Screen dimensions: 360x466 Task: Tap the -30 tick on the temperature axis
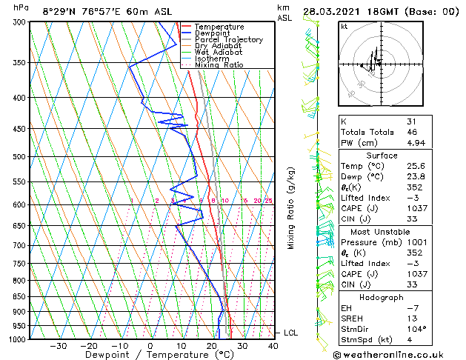(x=58, y=345)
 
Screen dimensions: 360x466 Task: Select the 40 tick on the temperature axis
(x=273, y=345)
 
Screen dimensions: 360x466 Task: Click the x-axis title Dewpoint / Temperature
(x=149, y=355)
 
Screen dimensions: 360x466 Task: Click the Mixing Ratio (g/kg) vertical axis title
(x=291, y=208)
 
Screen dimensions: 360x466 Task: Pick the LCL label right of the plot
(x=290, y=333)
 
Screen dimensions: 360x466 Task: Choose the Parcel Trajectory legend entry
(x=228, y=40)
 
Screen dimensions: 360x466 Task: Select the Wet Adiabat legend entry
(x=218, y=53)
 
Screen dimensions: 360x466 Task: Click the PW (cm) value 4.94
(x=416, y=143)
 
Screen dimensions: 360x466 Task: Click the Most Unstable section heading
(x=382, y=232)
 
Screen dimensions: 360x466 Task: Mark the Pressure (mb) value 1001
(x=416, y=242)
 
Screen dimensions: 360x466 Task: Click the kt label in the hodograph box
(x=344, y=27)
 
